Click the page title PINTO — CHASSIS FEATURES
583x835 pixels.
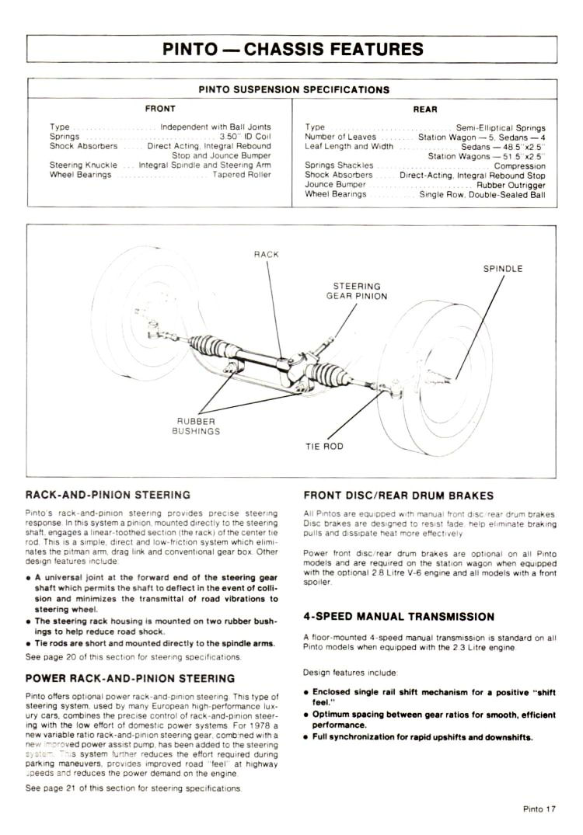293,49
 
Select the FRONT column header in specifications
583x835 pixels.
160,109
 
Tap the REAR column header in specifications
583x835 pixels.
424,109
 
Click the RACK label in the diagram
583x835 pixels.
266,255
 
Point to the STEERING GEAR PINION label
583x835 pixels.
356,291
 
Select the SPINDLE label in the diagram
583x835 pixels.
503,269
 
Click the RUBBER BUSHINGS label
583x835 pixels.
196,426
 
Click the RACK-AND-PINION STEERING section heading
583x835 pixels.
107,495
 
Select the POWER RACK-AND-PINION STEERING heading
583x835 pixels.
130,678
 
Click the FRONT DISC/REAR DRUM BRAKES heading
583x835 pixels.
398,495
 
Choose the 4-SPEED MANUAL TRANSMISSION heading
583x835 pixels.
399,616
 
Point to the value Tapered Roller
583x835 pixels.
242,175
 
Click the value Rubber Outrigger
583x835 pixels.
511,185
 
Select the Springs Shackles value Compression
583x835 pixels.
519,165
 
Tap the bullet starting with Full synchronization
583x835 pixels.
421,736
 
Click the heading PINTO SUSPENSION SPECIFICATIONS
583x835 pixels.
293,89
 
